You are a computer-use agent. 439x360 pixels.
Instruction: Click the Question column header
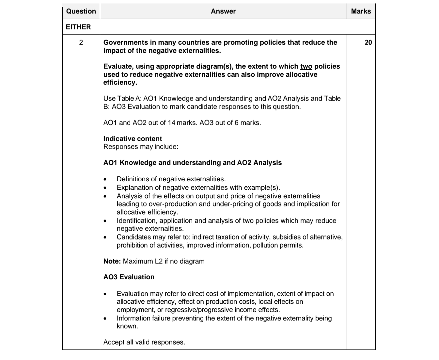(81, 11)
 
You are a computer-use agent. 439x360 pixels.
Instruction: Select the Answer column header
(223, 11)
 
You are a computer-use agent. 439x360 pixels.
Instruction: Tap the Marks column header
(361, 11)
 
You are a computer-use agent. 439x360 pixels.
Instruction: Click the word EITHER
(78, 27)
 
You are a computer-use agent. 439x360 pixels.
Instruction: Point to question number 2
(81, 42)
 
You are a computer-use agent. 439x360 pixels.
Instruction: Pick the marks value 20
(368, 42)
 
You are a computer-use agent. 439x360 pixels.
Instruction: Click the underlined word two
(306, 66)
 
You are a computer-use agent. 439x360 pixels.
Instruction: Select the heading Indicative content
(133, 139)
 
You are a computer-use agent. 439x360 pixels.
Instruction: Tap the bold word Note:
(112, 261)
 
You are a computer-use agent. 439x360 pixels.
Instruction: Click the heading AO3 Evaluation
(129, 277)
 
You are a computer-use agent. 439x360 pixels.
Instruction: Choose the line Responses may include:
(141, 147)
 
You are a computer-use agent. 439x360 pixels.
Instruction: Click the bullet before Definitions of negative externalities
(105, 179)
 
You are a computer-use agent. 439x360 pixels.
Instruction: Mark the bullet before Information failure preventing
(105, 319)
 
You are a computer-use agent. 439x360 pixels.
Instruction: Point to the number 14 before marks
(171, 123)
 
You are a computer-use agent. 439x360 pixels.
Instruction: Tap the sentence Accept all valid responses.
(144, 342)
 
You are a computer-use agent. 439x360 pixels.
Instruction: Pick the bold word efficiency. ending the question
(120, 82)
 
